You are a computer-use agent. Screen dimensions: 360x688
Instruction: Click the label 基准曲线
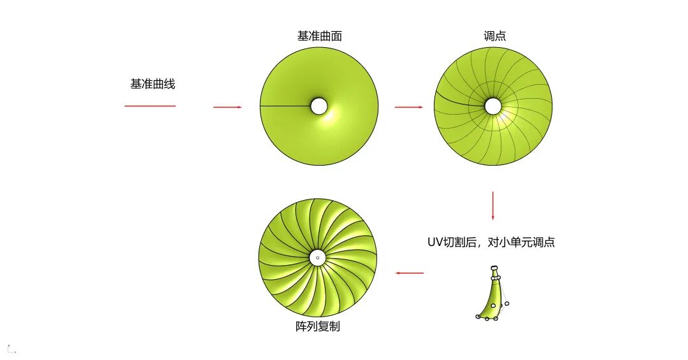pyautogui.click(x=152, y=83)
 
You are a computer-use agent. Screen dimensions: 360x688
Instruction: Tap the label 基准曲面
pyautogui.click(x=319, y=36)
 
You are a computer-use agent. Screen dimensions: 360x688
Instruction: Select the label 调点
pyautogui.click(x=494, y=36)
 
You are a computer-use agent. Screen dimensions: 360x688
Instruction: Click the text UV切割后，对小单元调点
pyautogui.click(x=491, y=242)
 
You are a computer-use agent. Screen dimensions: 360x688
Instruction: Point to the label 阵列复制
pyautogui.click(x=318, y=327)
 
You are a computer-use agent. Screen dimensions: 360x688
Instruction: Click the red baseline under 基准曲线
pyautogui.click(x=150, y=106)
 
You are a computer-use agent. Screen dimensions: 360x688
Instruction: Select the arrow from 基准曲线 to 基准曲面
pyautogui.click(x=227, y=107)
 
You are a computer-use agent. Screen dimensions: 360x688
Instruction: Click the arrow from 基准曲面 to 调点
pyautogui.click(x=408, y=107)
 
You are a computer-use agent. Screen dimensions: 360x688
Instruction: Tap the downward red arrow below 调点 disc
pyautogui.click(x=492, y=205)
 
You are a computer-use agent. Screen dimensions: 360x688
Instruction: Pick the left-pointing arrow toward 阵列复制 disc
pyautogui.click(x=409, y=273)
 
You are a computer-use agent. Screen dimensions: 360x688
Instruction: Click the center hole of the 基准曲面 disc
pyautogui.click(x=319, y=106)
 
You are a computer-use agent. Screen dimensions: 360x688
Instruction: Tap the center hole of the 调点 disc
pyautogui.click(x=493, y=106)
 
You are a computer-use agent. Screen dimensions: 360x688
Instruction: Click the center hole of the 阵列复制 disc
pyautogui.click(x=317, y=257)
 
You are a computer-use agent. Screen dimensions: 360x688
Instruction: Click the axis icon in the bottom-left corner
pyautogui.click(x=11, y=349)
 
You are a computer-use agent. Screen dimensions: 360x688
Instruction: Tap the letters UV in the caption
pyautogui.click(x=434, y=242)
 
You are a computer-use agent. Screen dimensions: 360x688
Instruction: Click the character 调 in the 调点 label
pyautogui.click(x=489, y=36)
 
